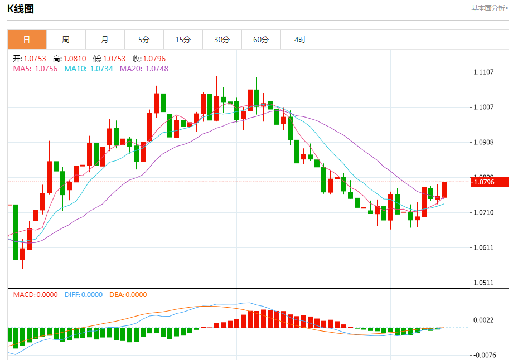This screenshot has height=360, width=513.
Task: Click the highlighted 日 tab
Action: pos(27,40)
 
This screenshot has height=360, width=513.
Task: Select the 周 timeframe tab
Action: pos(66,40)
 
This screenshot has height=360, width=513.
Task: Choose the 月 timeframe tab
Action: pos(105,40)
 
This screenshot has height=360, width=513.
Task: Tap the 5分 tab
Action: pos(144,40)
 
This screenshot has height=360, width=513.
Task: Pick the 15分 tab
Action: pos(183,40)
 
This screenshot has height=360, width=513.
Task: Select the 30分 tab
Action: pos(222,40)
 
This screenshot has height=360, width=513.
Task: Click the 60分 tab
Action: pos(261,40)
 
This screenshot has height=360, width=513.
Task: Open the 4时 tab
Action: pos(300,40)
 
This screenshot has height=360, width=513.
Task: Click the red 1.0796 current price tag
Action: pos(490,182)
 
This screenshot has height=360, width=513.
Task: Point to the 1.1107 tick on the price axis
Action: pos(484,72)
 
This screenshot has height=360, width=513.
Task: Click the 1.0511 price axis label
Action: pos(484,283)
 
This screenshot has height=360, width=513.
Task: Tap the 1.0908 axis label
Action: pos(484,142)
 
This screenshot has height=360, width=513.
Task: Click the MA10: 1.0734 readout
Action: pos(89,69)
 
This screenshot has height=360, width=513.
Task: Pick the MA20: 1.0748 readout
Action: pos(144,69)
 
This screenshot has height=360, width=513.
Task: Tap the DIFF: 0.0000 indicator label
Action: pos(84,295)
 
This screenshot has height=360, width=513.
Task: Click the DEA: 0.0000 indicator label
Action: pos(128,295)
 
